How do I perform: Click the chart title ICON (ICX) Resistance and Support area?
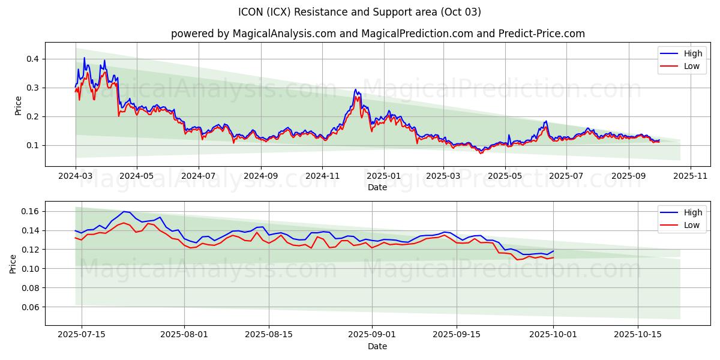coord(359,12)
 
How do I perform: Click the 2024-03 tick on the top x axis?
coord(76,177)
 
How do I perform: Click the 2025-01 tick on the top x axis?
coord(383,177)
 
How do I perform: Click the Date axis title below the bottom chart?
coord(377,347)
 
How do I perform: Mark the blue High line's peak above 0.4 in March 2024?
coord(84,58)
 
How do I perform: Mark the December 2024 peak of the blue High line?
coord(355,90)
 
